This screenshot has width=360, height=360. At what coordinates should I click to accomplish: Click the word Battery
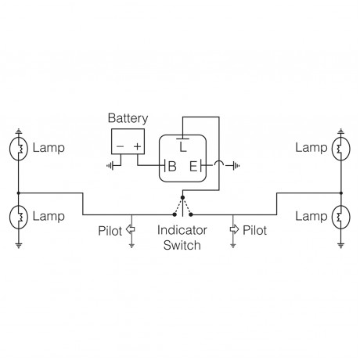coord(128,118)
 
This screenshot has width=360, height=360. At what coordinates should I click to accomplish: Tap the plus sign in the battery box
coord(138,147)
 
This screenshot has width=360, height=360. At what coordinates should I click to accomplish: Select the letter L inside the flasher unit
coord(183,146)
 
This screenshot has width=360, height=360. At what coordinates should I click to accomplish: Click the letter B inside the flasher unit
coord(171,165)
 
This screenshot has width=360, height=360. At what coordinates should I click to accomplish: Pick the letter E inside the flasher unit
coord(193,165)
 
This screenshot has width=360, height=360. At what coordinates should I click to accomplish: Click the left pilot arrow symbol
coord(131,229)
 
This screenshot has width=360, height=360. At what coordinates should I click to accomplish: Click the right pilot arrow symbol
coord(232,229)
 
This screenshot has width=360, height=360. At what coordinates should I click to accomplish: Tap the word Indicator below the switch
coord(182,231)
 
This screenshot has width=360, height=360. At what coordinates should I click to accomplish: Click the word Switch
coord(182,245)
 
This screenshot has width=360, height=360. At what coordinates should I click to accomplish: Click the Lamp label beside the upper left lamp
coord(47,147)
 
